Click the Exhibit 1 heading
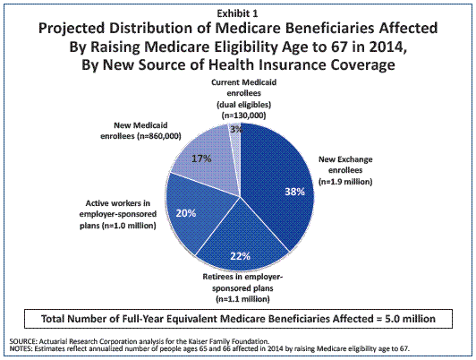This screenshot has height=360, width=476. (x=237, y=13)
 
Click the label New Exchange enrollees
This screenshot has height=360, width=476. (x=345, y=165)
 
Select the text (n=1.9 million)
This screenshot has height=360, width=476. (x=345, y=182)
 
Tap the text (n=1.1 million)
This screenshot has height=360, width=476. (x=242, y=299)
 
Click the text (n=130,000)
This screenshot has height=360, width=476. (x=243, y=116)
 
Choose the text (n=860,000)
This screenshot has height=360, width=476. (x=158, y=136)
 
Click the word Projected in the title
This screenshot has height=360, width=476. (x=72, y=29)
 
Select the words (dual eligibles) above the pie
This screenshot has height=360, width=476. (x=243, y=105)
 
